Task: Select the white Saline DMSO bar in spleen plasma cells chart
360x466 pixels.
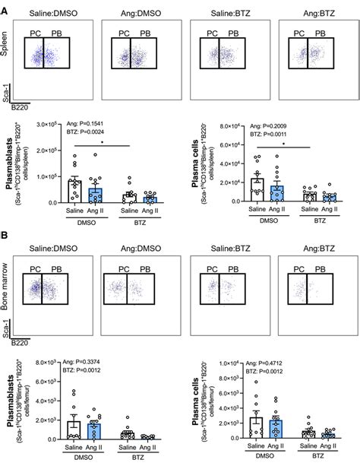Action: click(258, 190)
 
